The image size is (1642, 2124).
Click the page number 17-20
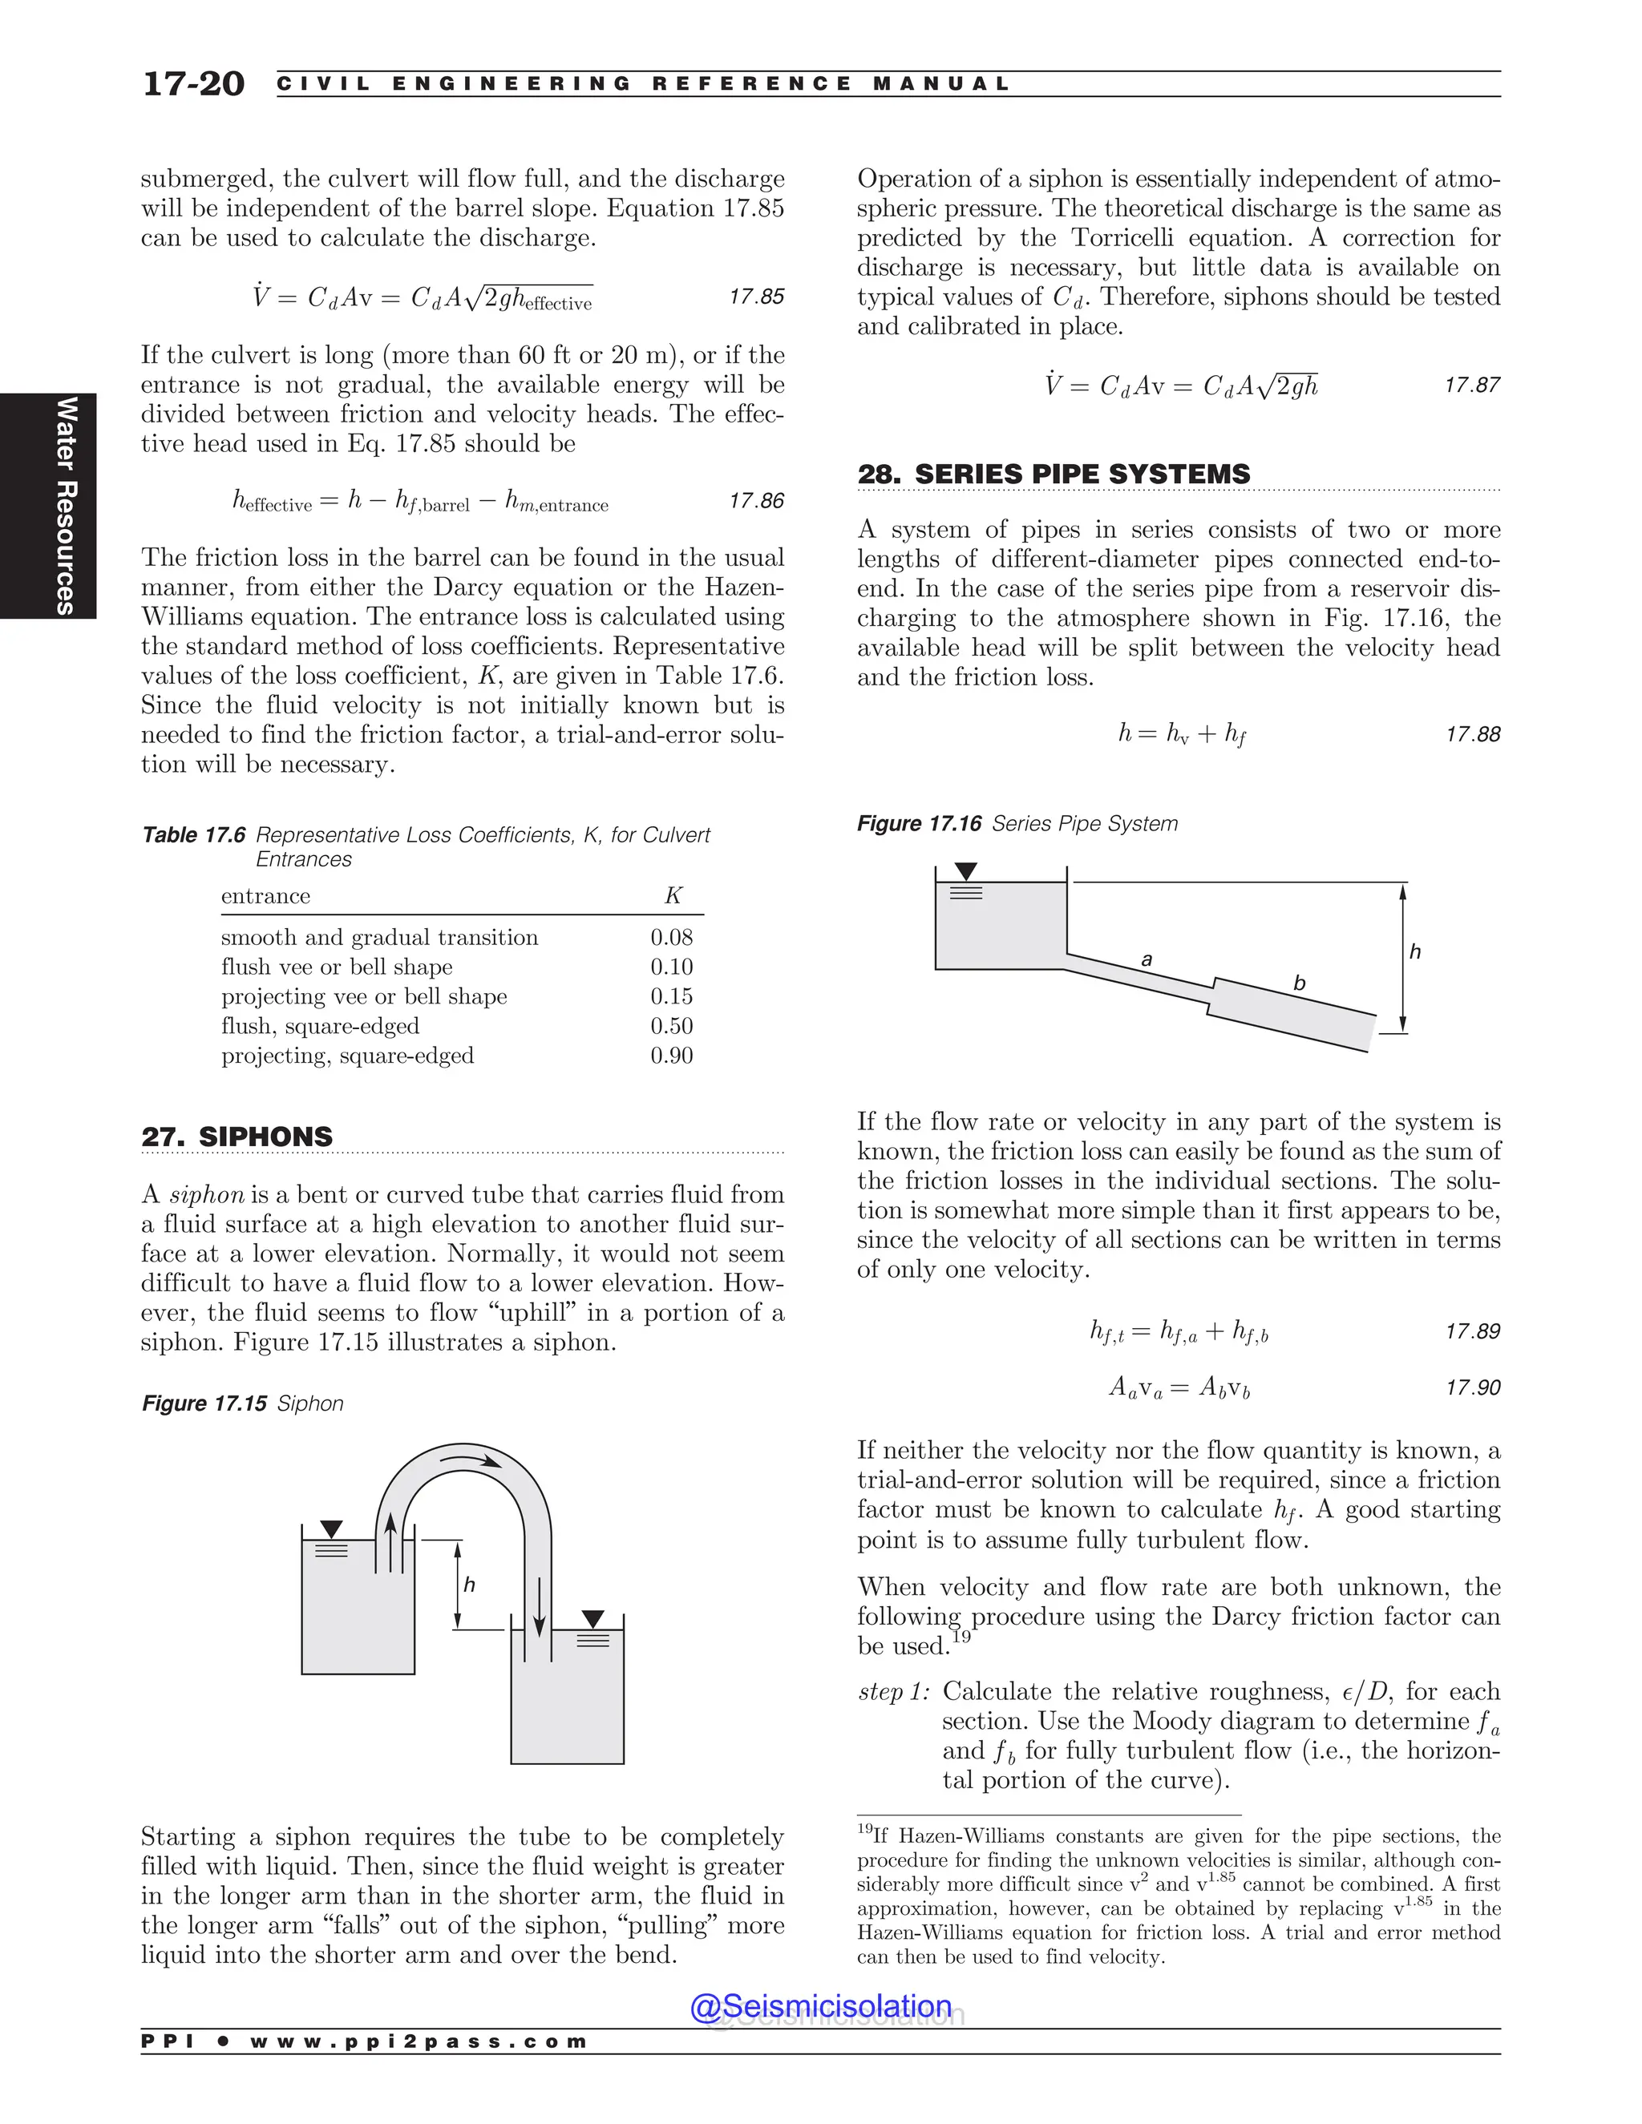pos(192,83)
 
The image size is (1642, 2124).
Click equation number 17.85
pos(756,297)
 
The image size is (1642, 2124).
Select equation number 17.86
pos(756,501)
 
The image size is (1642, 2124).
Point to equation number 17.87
pos(1472,385)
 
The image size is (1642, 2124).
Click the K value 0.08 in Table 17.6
pos(671,938)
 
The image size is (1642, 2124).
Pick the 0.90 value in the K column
pos(671,1056)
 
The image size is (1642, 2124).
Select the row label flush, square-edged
pos(320,1026)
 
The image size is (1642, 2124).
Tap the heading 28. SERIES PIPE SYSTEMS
pos(1053,474)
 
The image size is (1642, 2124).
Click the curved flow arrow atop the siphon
pos(471,1460)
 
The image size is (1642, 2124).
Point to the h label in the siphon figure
pos(469,1585)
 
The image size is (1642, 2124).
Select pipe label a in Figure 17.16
pos(1146,960)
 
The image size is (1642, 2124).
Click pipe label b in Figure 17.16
pos(1299,983)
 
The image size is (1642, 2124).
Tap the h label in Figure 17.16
pos(1414,952)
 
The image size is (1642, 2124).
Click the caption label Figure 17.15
pos(204,1403)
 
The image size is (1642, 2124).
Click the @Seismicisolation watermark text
pos(821,2005)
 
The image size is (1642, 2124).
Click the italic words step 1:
pos(893,1691)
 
